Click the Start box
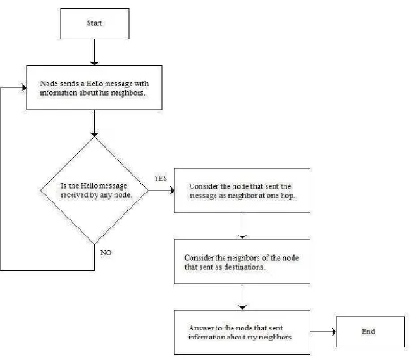tap(95, 23)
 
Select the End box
tap(370, 331)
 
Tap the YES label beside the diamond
tap(160, 178)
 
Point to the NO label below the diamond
tap(106, 253)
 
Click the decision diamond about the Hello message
tap(94, 190)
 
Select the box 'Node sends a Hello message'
tap(94, 88)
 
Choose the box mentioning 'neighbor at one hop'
tap(242, 191)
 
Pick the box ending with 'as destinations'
tap(242, 261)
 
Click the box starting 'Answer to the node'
tap(242, 332)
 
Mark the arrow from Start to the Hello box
tap(94, 52)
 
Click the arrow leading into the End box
tap(323, 331)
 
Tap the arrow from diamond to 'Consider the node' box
tap(161, 190)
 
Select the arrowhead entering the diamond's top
tap(94, 134)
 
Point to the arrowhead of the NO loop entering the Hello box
tap(24, 88)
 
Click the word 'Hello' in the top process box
tap(95, 83)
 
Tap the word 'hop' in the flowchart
tap(287, 196)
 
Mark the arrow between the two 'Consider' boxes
tap(242, 226)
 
